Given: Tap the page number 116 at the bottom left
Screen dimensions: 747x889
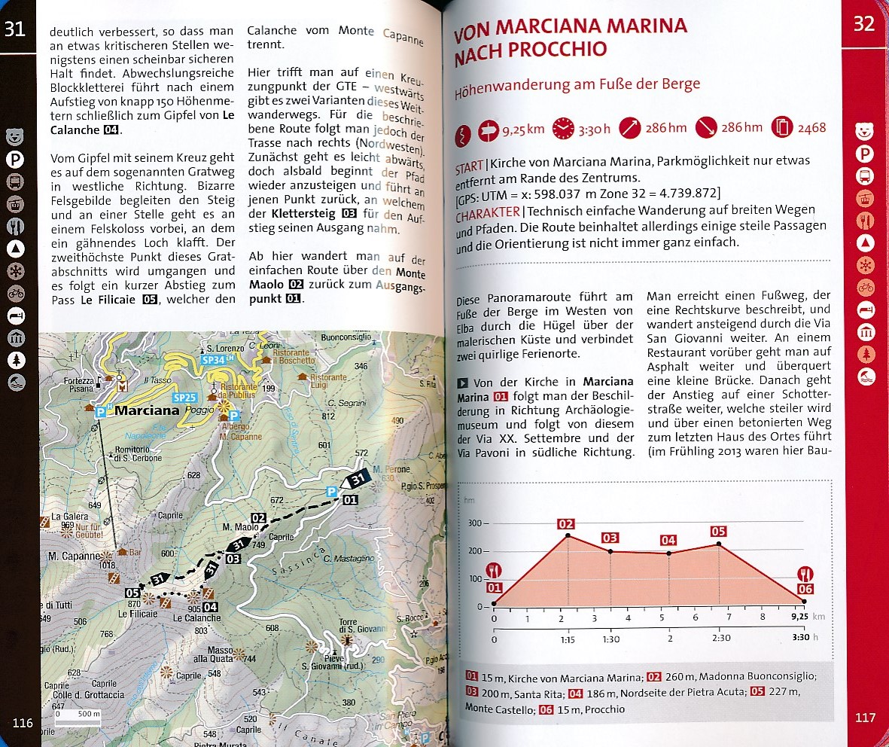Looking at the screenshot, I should tap(23, 723).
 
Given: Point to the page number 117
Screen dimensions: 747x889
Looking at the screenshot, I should tap(865, 718).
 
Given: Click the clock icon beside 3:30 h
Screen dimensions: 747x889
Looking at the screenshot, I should tap(562, 129).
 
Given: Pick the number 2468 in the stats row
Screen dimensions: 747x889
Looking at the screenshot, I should tap(811, 128).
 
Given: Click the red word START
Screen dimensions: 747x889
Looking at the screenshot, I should tap(469, 167).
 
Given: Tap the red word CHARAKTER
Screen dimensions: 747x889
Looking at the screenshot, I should tap(487, 213).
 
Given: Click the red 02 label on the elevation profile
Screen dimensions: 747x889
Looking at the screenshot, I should tap(566, 524).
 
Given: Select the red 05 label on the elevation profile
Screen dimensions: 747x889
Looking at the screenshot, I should tap(718, 532).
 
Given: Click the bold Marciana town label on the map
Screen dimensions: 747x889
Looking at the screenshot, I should tap(147, 411).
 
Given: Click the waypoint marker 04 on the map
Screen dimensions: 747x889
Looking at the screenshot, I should tap(210, 608).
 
